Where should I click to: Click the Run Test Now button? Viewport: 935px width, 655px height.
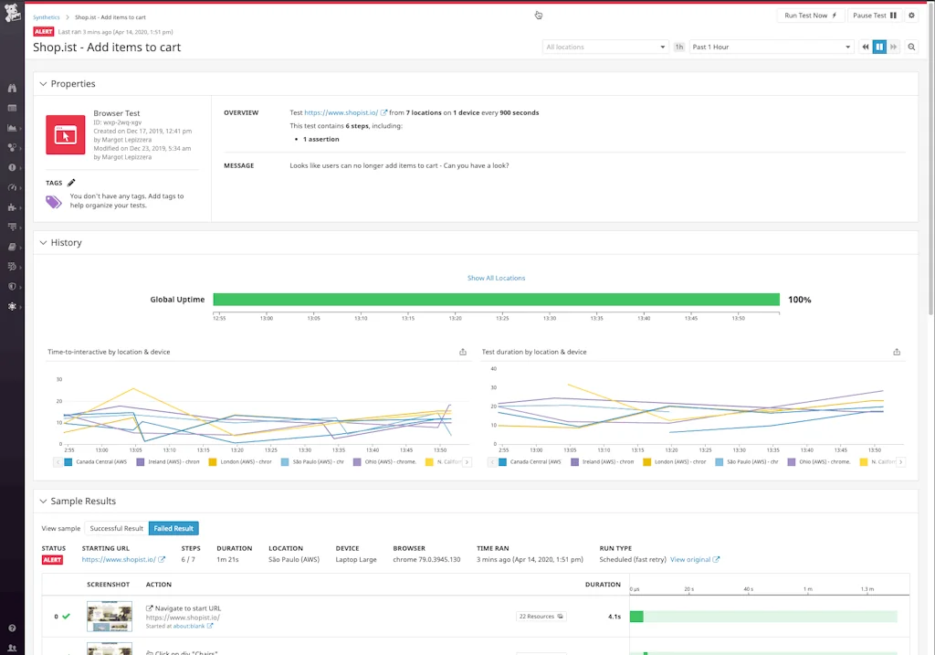point(811,16)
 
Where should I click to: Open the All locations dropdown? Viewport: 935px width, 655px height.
point(605,47)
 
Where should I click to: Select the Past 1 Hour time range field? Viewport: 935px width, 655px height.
point(771,47)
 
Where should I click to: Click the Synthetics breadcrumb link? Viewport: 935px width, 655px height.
point(47,17)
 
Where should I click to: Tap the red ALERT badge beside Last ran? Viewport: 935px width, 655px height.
point(44,32)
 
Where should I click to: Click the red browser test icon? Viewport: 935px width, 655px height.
point(65,135)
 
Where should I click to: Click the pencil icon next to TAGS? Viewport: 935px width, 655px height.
point(72,183)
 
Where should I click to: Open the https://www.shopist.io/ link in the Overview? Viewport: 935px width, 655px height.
point(341,112)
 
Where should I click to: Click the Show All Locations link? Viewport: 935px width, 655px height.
point(496,278)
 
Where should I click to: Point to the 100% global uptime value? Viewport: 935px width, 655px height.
point(799,300)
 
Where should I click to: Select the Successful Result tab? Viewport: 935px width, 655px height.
point(116,528)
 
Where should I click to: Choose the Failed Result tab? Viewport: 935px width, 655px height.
point(173,528)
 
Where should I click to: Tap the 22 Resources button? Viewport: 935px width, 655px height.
point(541,617)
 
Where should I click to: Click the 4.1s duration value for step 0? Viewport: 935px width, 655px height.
point(615,617)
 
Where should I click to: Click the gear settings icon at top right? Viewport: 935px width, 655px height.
point(911,16)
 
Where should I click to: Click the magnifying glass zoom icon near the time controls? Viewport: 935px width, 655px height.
point(911,47)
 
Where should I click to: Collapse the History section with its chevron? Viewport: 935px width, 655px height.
point(42,243)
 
